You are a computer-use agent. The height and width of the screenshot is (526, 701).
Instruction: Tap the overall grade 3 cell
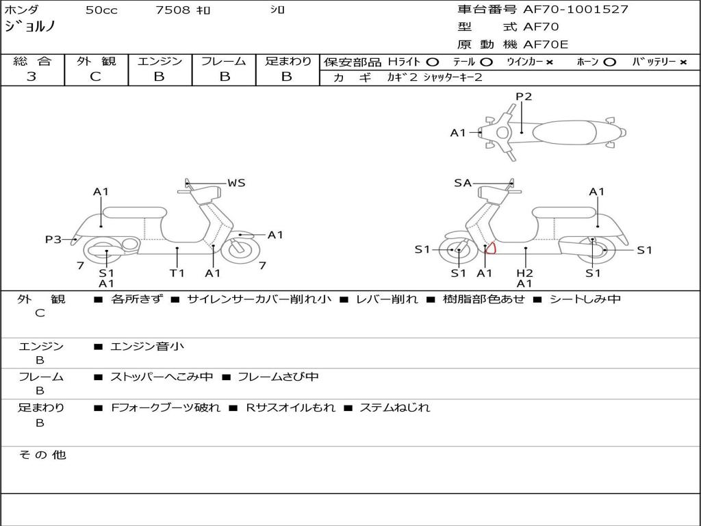(31, 77)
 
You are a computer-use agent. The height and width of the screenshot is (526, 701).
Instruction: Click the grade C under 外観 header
(96, 77)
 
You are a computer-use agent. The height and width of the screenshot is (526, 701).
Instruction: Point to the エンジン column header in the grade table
(160, 61)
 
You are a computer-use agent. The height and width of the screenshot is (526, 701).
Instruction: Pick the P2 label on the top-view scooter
(524, 97)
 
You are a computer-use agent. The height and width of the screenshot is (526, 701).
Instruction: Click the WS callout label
(236, 183)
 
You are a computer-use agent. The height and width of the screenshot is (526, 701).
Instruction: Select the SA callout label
(463, 183)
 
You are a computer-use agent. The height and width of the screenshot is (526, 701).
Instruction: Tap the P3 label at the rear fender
(53, 239)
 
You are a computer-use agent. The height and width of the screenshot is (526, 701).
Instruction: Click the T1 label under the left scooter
(177, 273)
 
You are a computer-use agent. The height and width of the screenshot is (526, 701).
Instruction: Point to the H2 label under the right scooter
(524, 273)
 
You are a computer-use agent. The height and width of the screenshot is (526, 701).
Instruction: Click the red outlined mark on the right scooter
(489, 248)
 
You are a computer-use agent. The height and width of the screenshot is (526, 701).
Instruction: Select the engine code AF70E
(546, 45)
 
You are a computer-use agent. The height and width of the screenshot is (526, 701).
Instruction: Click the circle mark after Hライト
(432, 62)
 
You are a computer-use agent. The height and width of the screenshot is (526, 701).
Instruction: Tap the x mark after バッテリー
(683, 62)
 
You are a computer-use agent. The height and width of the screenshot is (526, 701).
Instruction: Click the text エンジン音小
(147, 347)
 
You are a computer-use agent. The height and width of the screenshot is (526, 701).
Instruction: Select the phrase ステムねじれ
(395, 408)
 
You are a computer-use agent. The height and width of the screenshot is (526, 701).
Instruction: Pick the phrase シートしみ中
(585, 299)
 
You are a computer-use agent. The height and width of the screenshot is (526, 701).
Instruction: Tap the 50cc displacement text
(101, 10)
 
